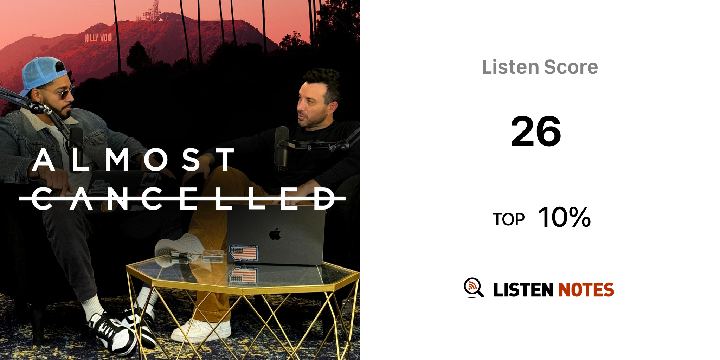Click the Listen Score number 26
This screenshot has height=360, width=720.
click(x=536, y=131)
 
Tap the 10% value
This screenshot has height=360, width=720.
click(x=564, y=217)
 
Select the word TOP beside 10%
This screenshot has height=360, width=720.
click(x=508, y=220)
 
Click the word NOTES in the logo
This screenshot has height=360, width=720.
click(x=586, y=290)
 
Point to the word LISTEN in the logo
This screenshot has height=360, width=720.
click(x=523, y=290)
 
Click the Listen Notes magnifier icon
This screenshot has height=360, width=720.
click(x=474, y=288)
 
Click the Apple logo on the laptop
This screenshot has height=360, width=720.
click(x=275, y=234)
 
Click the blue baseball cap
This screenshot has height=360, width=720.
click(x=43, y=75)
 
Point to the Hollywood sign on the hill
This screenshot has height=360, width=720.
click(x=98, y=38)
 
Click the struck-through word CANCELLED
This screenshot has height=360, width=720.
click(x=182, y=198)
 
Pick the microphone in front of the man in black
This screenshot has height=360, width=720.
click(x=281, y=148)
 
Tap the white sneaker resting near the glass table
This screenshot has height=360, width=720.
click(x=201, y=330)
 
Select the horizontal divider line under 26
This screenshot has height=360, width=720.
click(x=540, y=180)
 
